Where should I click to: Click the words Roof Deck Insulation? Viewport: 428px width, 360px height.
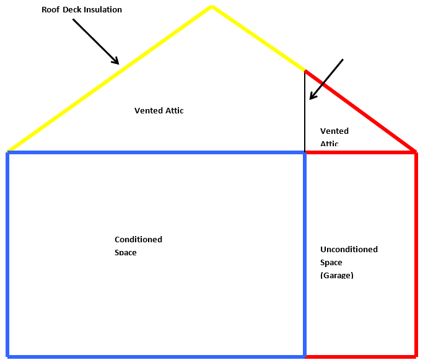coord(82,10)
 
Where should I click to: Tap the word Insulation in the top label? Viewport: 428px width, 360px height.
coord(103,10)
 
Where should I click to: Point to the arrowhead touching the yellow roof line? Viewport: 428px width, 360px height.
coord(115,61)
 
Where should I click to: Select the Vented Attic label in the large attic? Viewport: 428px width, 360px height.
coord(159,111)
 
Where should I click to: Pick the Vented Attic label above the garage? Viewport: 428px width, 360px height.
coord(334,137)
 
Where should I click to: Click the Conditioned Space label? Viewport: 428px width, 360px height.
coord(138,245)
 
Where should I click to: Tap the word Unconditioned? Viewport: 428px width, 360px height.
coord(349,250)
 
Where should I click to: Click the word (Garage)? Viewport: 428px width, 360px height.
coord(336,275)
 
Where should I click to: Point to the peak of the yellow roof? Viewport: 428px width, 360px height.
coord(212,7)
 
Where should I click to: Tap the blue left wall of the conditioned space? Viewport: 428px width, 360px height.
coord(7,254)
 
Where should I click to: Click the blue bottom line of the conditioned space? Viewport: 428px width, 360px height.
coord(155,356)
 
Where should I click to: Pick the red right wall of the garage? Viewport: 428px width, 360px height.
coord(415,254)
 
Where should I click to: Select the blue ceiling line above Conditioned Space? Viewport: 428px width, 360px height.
coord(155,152)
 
